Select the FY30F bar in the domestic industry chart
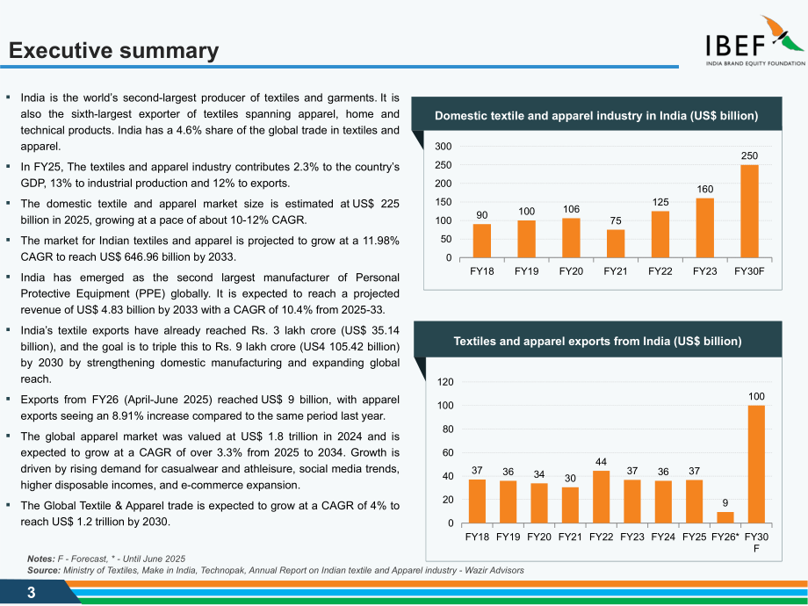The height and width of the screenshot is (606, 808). [x=749, y=212]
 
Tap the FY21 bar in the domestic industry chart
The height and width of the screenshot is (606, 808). [x=616, y=244]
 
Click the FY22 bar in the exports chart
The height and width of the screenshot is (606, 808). [x=601, y=497]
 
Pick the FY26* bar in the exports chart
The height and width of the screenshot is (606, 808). [x=725, y=517]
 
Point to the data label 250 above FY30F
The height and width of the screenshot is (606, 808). [x=749, y=155]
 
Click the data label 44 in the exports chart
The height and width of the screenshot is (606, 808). [x=601, y=462]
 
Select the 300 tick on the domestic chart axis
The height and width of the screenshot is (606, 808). [x=444, y=147]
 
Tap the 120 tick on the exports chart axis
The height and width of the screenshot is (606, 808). [x=445, y=382]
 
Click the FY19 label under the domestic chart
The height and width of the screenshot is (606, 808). [x=526, y=271]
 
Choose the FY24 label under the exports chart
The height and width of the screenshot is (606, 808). [x=663, y=537]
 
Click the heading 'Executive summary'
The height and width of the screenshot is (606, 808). [x=114, y=51]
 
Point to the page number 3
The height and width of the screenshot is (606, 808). [x=32, y=593]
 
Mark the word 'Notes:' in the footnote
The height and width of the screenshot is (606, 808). [x=41, y=559]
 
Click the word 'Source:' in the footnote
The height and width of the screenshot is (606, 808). [x=44, y=571]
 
